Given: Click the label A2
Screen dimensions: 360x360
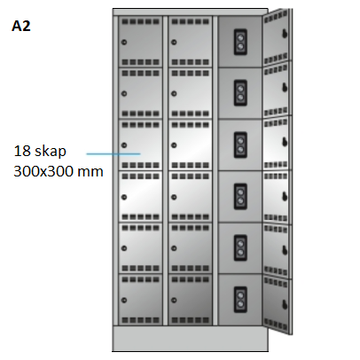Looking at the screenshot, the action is click(21, 26).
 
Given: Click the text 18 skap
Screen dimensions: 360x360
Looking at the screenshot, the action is click(40, 151).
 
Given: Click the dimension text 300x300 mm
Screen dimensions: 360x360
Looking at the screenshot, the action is click(59, 171).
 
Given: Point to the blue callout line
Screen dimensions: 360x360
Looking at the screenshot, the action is click(113, 153).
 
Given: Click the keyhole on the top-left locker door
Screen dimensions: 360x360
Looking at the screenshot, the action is click(124, 43).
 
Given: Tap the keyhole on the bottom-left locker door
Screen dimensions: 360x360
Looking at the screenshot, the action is click(124, 301).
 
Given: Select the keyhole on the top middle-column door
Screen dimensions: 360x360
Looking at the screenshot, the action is click(174, 43).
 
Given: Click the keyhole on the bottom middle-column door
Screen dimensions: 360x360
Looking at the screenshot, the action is click(174, 301).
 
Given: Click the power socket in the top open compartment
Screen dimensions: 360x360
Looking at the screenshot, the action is click(240, 42).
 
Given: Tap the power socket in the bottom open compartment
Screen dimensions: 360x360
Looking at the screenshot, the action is click(240, 300).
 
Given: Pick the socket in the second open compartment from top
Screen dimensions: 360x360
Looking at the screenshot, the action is click(240, 93).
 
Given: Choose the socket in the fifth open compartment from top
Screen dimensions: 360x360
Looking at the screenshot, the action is click(240, 247).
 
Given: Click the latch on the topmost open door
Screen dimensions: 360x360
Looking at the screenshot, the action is click(285, 34).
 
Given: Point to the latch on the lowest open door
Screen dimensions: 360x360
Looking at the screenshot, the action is click(285, 304).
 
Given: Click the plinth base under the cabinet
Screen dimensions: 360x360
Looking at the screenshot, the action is click(191, 339).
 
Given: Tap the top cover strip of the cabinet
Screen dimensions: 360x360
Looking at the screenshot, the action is click(191, 12).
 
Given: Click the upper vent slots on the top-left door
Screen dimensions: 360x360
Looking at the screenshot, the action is click(141, 21).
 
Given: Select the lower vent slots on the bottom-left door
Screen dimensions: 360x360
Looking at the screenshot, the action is click(141, 320).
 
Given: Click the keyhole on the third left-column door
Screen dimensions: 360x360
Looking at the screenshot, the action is click(124, 145).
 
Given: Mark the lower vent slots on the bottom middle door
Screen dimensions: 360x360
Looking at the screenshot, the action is click(191, 320).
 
